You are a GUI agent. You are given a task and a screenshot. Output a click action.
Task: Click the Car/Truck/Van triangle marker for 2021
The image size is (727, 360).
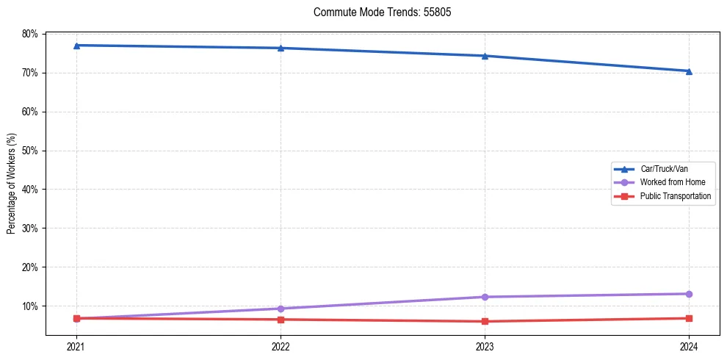pyautogui.click(x=76, y=46)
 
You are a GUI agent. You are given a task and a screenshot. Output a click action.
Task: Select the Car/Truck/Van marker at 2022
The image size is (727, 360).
pyautogui.click(x=281, y=48)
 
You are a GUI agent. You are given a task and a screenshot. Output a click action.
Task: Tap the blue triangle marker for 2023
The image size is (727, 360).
pyautogui.click(x=485, y=56)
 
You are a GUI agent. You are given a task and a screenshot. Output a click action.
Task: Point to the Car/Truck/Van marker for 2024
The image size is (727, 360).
pyautogui.click(x=689, y=71)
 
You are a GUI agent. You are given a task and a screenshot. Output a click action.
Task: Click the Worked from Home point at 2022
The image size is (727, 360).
pyautogui.click(x=281, y=309)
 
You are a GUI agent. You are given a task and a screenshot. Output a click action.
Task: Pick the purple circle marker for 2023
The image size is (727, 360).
pyautogui.click(x=485, y=297)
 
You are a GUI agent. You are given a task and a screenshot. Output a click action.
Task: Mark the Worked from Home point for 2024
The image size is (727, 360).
pyautogui.click(x=689, y=294)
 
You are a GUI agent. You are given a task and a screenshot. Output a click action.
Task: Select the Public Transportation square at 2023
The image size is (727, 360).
pyautogui.click(x=485, y=321)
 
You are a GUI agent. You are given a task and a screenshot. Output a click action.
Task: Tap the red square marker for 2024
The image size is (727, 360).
pyautogui.click(x=689, y=318)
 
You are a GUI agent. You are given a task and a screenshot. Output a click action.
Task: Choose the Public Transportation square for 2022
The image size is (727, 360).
pyautogui.click(x=281, y=320)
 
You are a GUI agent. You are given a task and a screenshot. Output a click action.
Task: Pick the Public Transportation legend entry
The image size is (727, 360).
pyautogui.click(x=675, y=196)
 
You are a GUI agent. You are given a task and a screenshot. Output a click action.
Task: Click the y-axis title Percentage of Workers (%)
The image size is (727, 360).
pyautogui.click(x=12, y=184)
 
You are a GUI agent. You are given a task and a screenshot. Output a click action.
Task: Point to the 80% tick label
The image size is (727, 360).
pyautogui.click(x=30, y=34)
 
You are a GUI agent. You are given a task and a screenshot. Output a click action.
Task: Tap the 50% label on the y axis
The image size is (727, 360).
pyautogui.click(x=30, y=151)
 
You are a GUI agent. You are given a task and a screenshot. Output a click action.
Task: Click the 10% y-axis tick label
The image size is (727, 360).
pyautogui.click(x=30, y=306)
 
